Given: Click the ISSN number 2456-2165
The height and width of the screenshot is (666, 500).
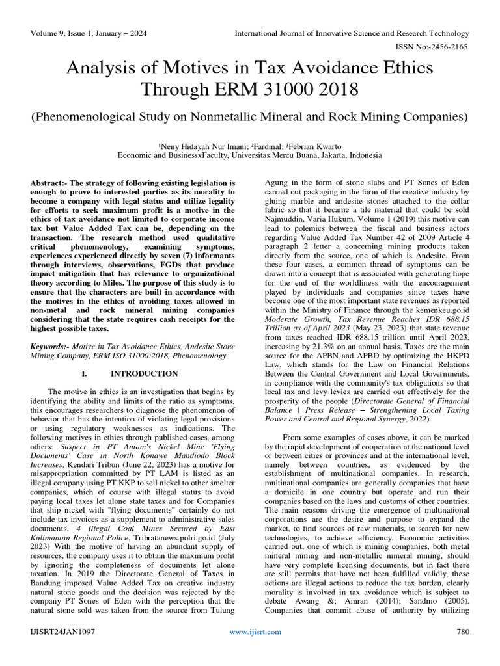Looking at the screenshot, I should coord(450,46).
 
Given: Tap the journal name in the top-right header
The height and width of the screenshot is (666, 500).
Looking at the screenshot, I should coord(352,33).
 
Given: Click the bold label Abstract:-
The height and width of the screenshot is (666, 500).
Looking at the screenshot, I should coord(51,184).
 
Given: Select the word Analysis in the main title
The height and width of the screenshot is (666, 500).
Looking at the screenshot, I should coord(104,67).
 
